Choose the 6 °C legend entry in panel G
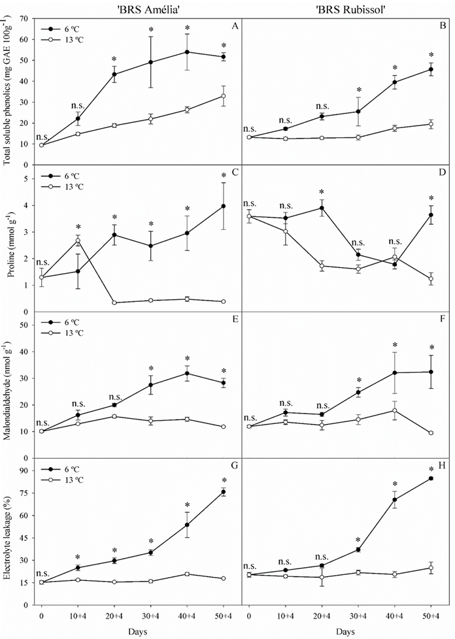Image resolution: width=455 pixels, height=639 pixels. pyautogui.click(x=69, y=470)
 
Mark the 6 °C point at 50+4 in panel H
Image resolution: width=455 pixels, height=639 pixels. pyautogui.click(x=430, y=478)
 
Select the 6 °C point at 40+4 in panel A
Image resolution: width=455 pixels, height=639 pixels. pyautogui.click(x=188, y=52)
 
